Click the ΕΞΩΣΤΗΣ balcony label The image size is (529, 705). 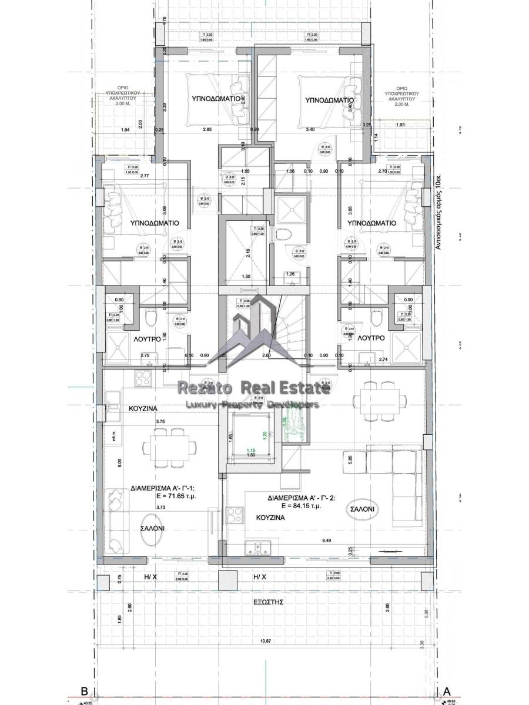(265, 602)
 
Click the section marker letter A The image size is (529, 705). (447, 691)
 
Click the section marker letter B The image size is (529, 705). (84, 691)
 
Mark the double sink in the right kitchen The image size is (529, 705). (258, 548)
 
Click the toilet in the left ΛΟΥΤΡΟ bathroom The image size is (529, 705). (150, 319)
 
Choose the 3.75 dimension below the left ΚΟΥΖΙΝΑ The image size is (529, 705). (159, 421)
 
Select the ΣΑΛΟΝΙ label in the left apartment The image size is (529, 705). (152, 528)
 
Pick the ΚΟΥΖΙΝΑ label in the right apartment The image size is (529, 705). (271, 518)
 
